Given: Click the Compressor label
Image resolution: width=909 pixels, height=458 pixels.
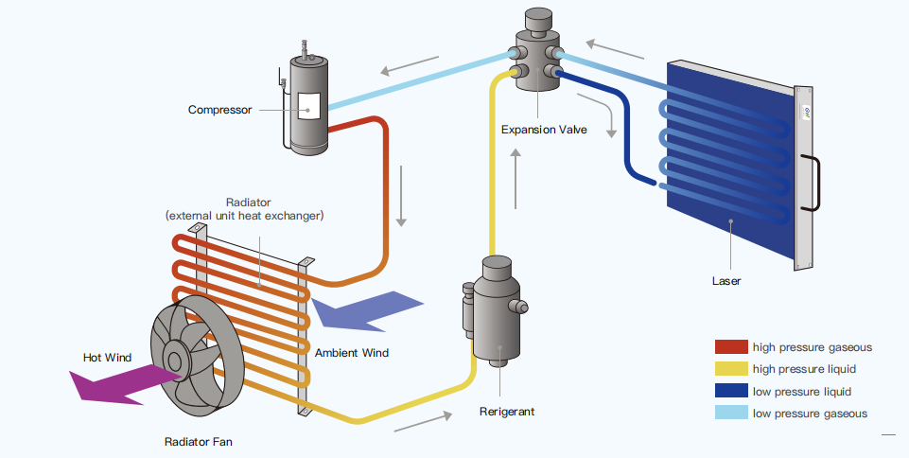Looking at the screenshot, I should coord(219,110).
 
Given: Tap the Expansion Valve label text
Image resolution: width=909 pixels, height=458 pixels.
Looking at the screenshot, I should coord(543,130).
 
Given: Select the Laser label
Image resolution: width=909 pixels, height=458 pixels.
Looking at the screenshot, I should coord(726,280).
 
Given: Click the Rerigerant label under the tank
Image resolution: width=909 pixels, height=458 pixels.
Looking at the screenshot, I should coord(506,412).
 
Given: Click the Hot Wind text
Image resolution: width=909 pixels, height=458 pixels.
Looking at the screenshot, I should coord(107,357).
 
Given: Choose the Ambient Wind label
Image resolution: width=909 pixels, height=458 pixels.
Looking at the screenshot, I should coord(352,353).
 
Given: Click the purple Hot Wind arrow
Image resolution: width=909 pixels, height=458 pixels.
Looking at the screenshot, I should coord(114,382).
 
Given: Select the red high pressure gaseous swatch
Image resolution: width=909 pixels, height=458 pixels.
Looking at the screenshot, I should coord(731,347).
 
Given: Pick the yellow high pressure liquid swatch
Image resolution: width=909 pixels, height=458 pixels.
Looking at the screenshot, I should coord(731,369).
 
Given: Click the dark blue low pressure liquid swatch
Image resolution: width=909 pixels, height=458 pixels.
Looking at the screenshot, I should coord(731,391).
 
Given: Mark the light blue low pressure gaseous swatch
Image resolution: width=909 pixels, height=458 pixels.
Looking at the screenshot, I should coord(731,413).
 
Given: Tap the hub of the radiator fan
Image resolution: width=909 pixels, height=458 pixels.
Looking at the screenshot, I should coord(175,358).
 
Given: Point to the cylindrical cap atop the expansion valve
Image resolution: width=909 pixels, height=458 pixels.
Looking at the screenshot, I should coord(538,19).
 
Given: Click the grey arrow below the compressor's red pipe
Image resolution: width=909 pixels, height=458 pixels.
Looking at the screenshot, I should coord(401,196).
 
